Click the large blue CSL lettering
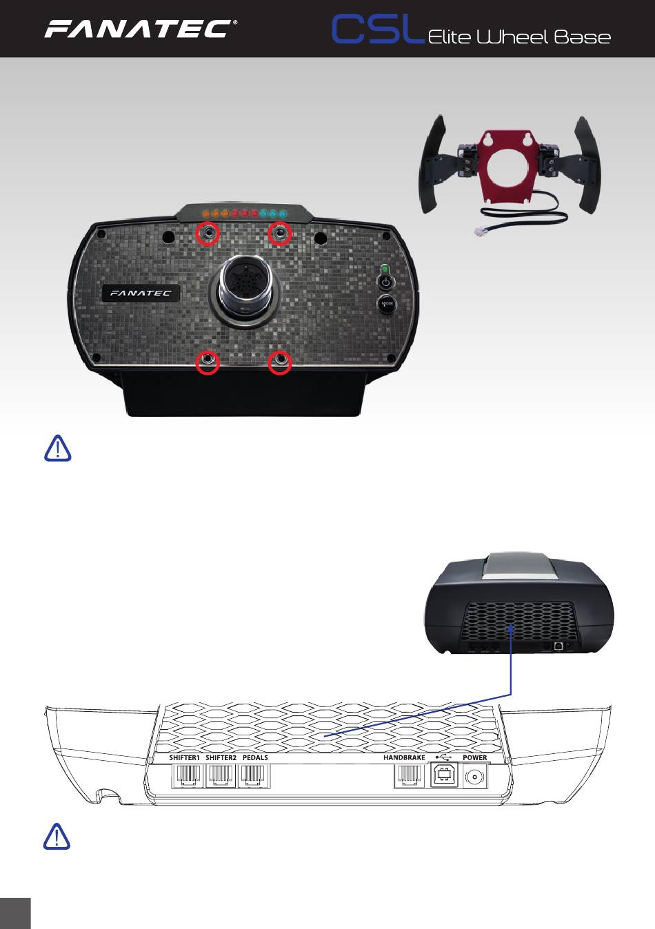point(376,30)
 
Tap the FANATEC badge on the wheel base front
point(142,293)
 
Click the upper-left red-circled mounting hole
point(208,234)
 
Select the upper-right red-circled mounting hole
point(279,234)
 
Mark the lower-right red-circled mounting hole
point(279,361)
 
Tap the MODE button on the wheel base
point(385,304)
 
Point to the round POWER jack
point(475,777)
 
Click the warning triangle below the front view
point(58,448)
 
